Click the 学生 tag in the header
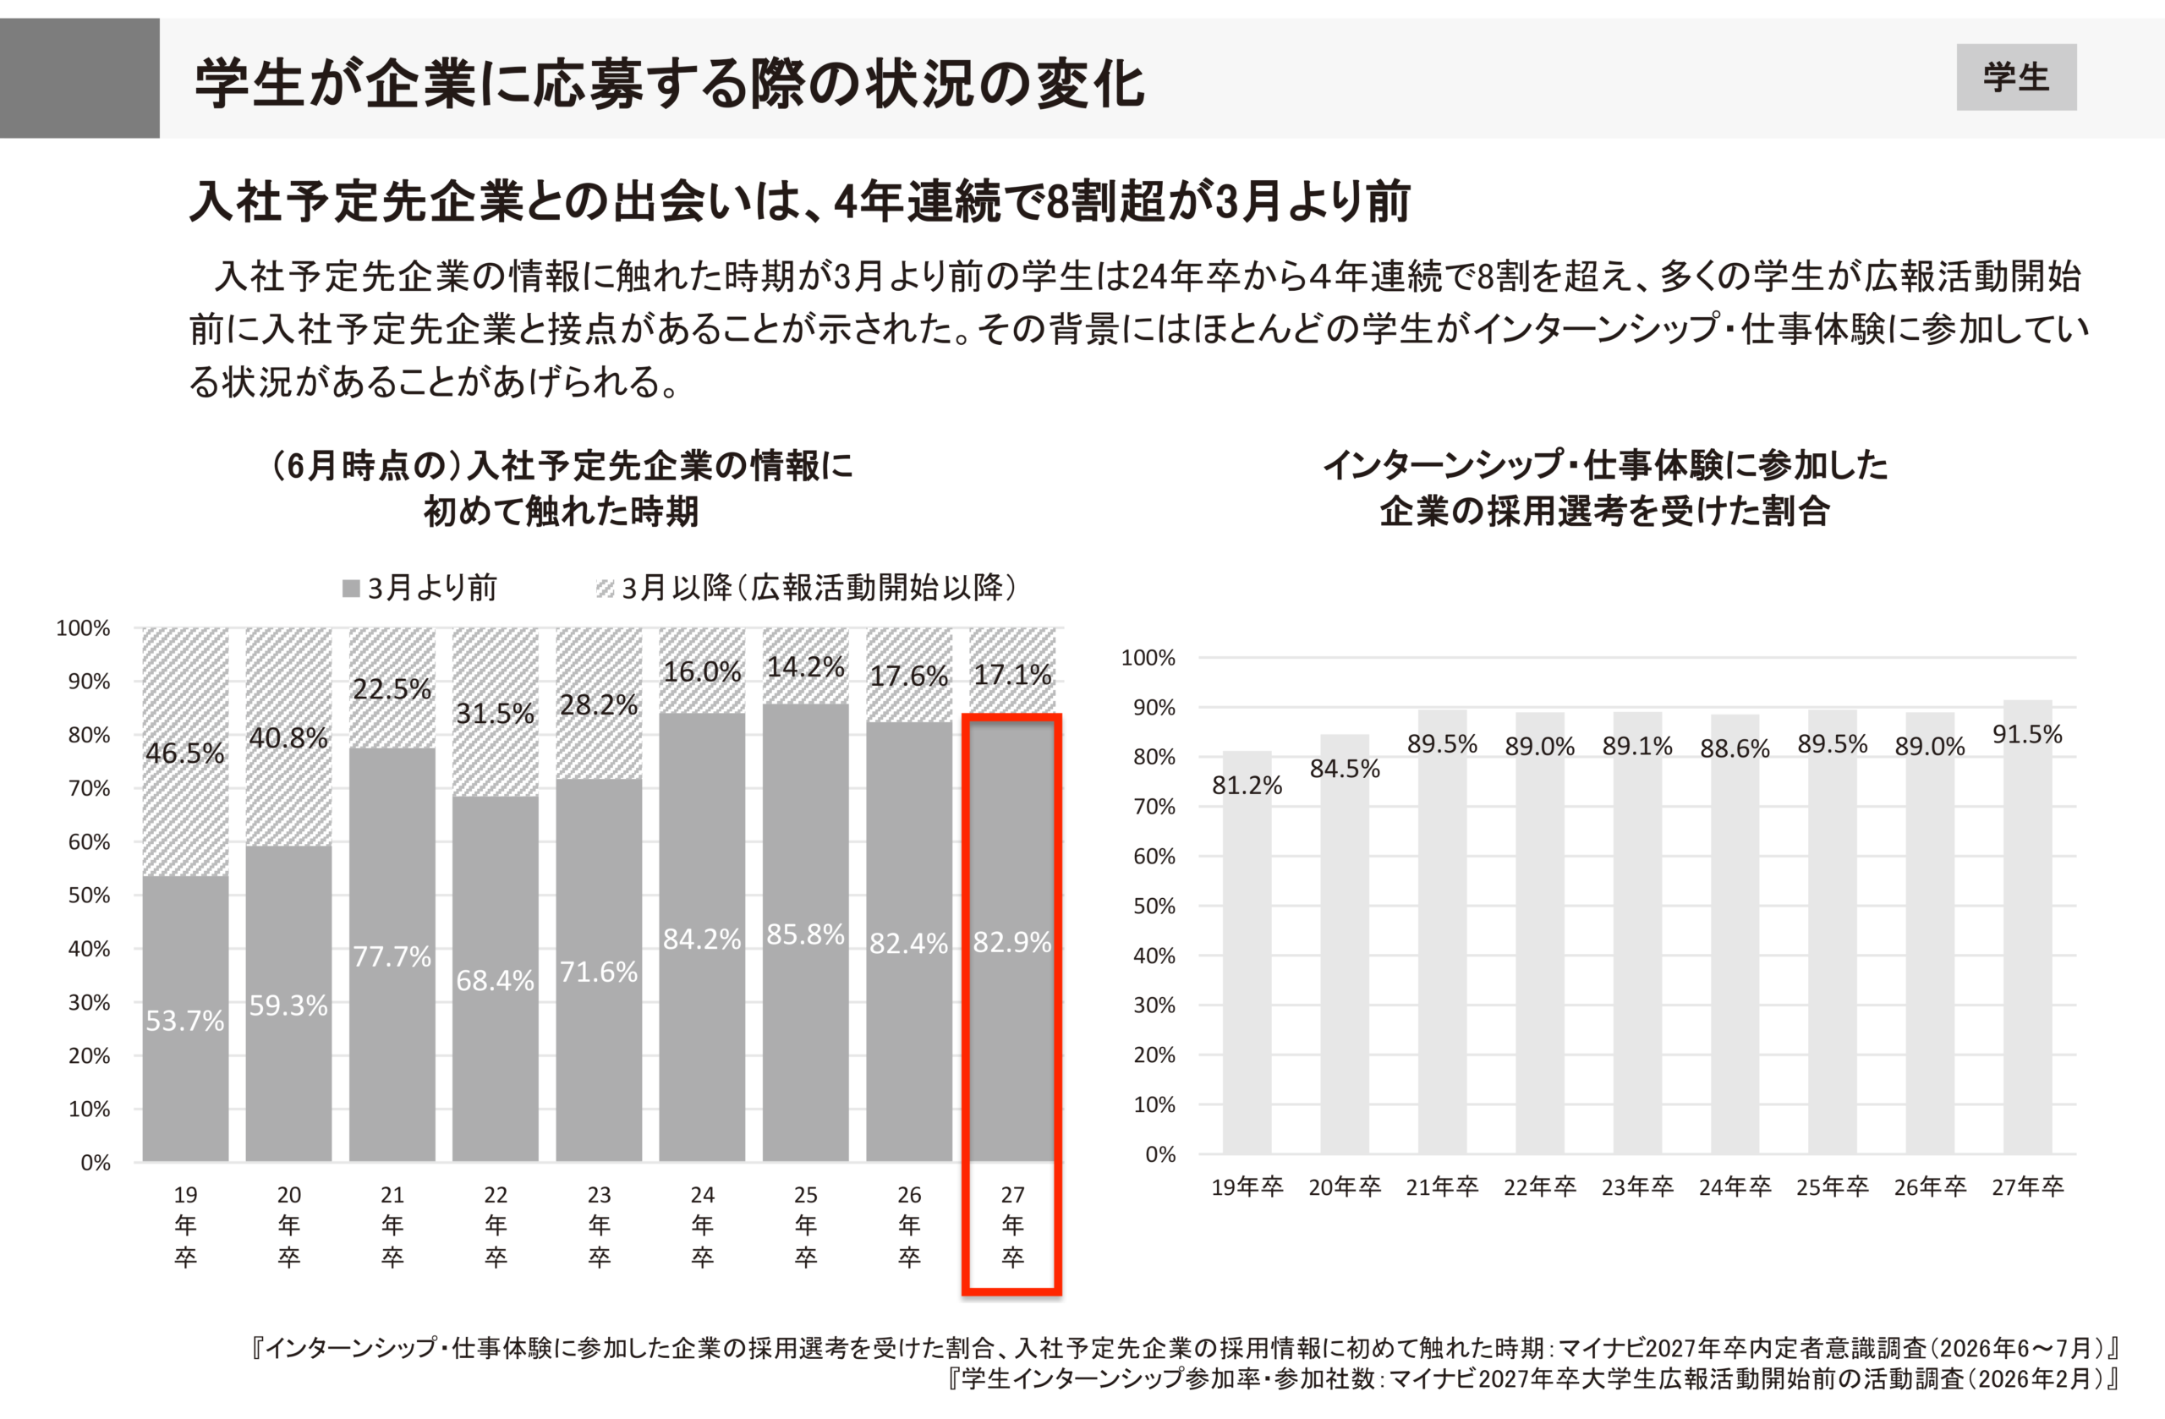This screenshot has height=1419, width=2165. (2016, 77)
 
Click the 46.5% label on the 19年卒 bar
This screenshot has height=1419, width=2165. (184, 753)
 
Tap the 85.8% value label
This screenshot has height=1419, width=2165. (805, 934)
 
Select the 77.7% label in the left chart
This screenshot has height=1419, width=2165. (392, 956)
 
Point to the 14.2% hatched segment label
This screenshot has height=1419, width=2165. (805, 666)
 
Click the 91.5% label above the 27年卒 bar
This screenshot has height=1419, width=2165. (2027, 734)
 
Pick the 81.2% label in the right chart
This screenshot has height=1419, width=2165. (1247, 785)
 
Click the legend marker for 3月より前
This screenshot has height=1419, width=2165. (351, 589)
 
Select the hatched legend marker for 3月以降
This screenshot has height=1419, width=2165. (605, 589)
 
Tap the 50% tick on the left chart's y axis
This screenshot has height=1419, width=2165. (89, 895)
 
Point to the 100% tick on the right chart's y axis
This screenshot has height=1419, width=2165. (1148, 658)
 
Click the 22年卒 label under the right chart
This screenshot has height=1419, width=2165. (1539, 1186)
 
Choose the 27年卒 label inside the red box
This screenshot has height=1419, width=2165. (1012, 1225)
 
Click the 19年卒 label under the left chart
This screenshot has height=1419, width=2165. (185, 1225)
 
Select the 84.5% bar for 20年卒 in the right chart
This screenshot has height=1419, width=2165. (1345, 945)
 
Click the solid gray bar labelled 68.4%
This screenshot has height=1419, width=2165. (495, 978)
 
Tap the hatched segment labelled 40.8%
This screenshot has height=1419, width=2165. (288, 737)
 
